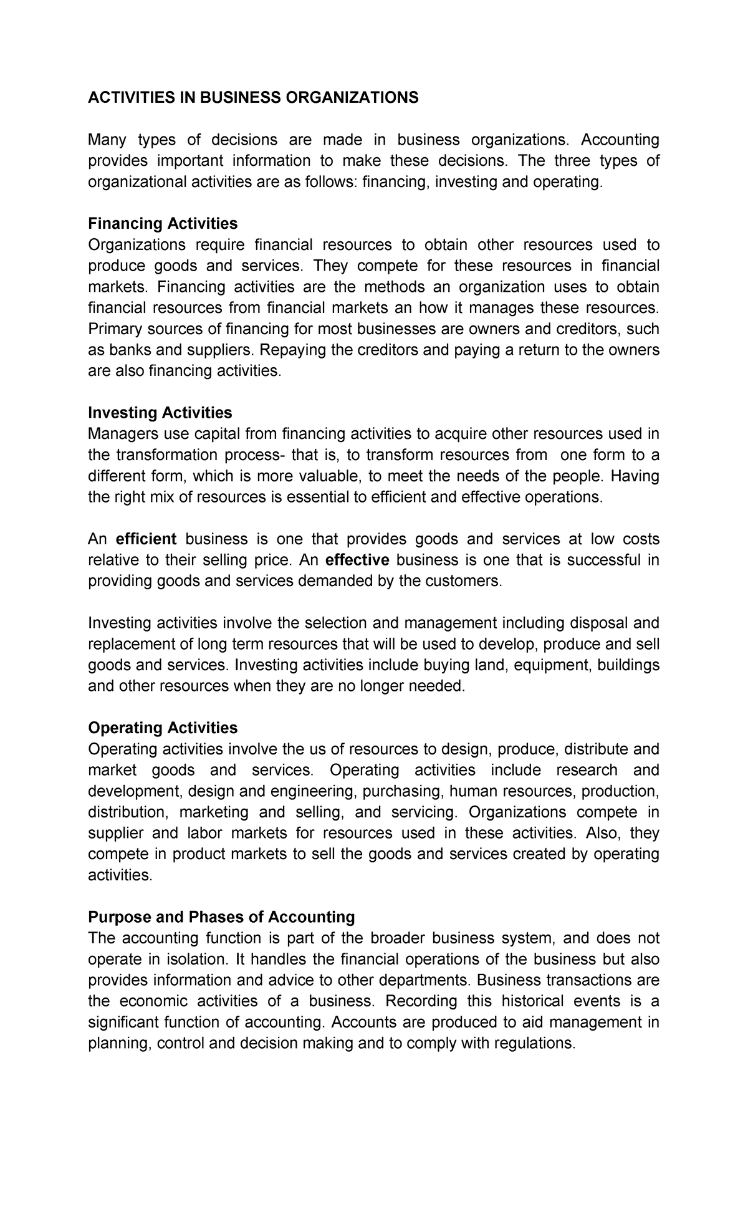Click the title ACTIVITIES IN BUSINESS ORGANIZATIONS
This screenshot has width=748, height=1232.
pyautogui.click(x=253, y=98)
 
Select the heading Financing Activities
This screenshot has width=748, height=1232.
pyautogui.click(x=163, y=223)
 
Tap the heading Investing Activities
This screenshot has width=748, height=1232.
pyautogui.click(x=160, y=413)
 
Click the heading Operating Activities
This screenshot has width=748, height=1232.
pyautogui.click(x=163, y=728)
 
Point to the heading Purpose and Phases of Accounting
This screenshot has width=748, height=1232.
pyautogui.click(x=221, y=917)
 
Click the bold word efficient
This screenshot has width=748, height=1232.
pyautogui.click(x=146, y=539)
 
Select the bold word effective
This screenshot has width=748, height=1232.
pyautogui.click(x=357, y=560)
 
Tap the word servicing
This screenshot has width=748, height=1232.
pyautogui.click(x=424, y=812)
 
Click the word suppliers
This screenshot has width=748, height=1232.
pyautogui.click(x=221, y=350)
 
